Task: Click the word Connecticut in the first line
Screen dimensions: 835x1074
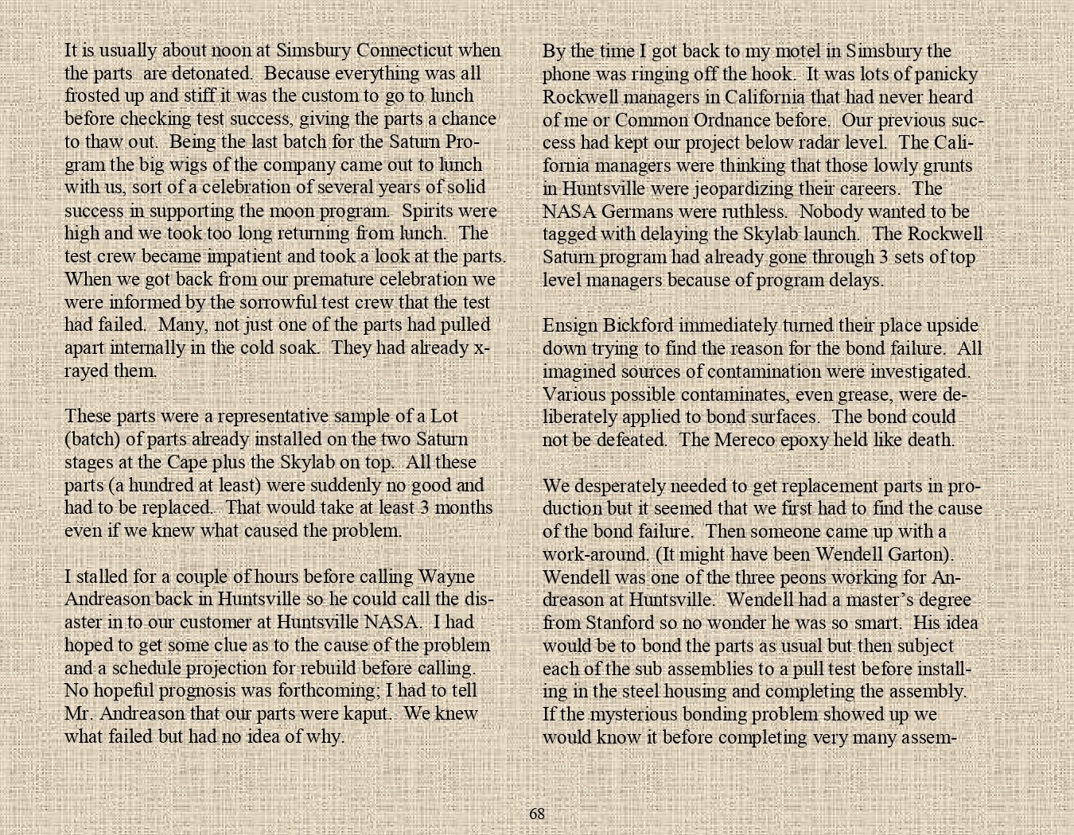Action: coord(405,50)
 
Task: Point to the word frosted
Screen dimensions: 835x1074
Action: coord(91,95)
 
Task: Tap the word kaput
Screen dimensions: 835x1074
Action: coord(364,713)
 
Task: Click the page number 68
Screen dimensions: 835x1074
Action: coord(537,814)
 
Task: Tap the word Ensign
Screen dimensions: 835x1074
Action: coord(568,326)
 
